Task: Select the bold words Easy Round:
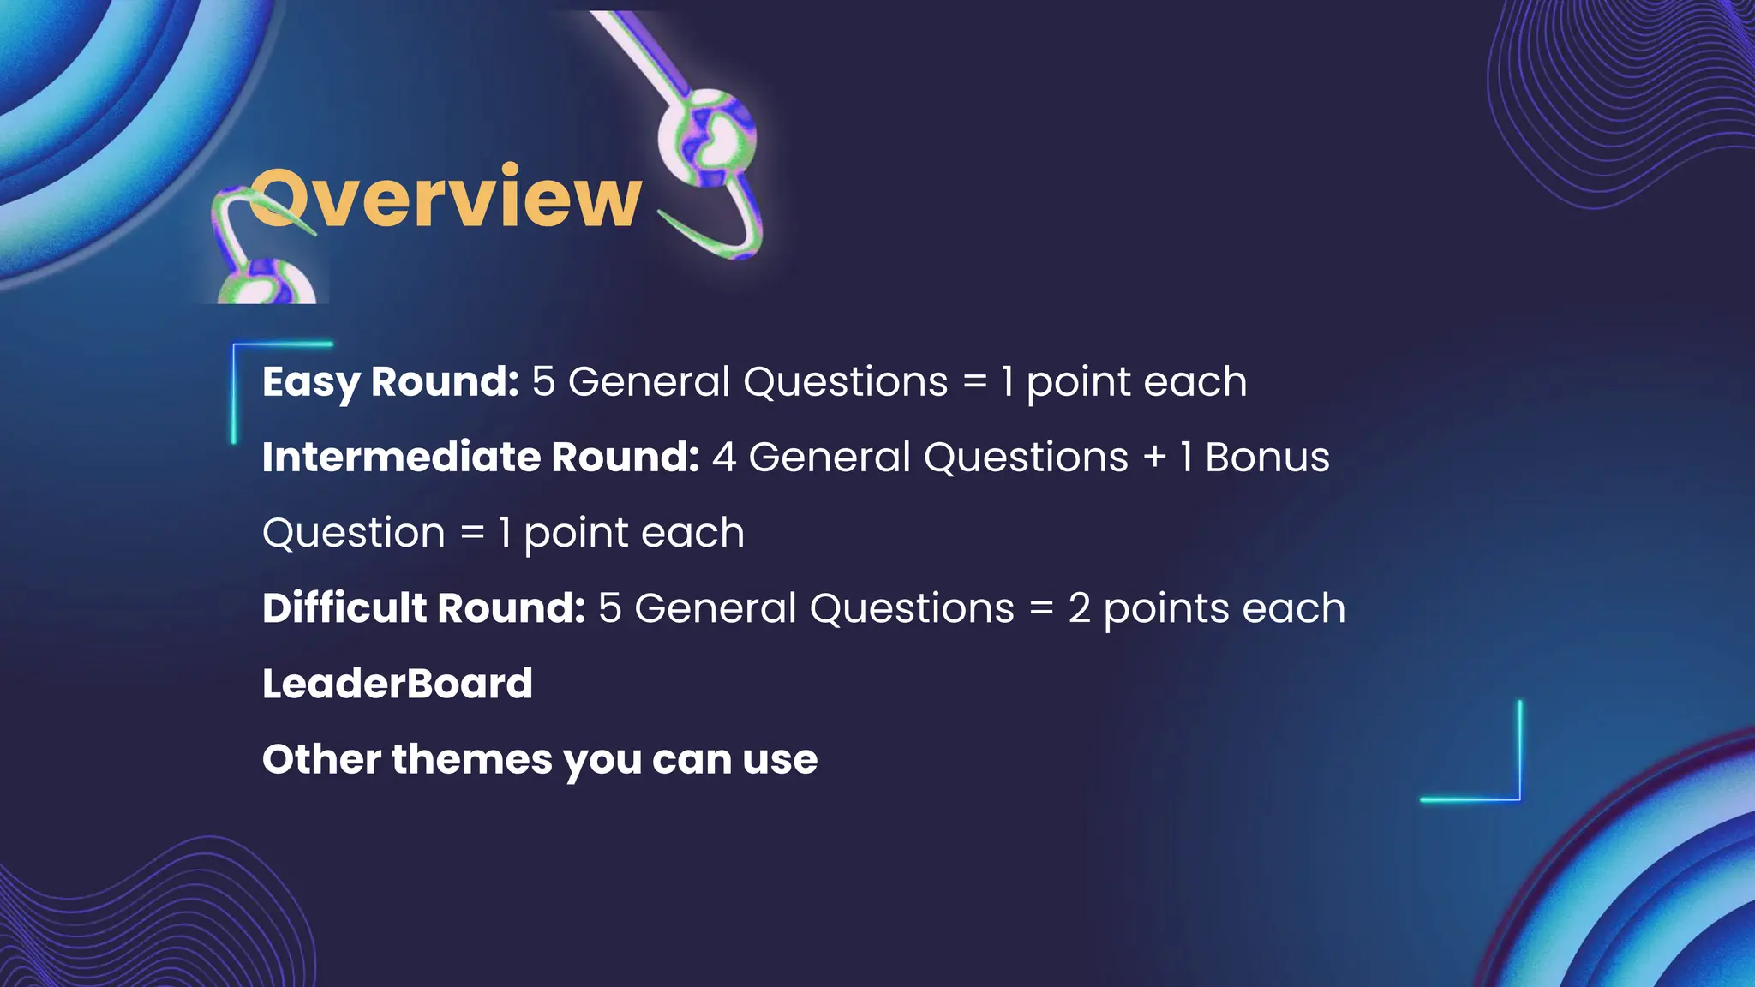tap(390, 382)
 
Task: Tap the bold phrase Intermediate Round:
tap(481, 458)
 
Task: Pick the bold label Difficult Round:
tap(423, 608)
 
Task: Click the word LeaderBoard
tap(397, 684)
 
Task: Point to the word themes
tap(472, 759)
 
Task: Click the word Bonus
tap(1267, 458)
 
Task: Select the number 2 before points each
tap(1079, 608)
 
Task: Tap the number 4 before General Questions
tap(723, 458)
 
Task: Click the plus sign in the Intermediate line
tap(1154, 458)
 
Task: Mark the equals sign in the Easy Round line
tap(974, 383)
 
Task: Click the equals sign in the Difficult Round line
tap(1040, 609)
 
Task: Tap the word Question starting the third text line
tap(353, 533)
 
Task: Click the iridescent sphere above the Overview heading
tap(708, 137)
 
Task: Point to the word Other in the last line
tap(321, 759)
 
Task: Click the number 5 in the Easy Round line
tap(543, 382)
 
